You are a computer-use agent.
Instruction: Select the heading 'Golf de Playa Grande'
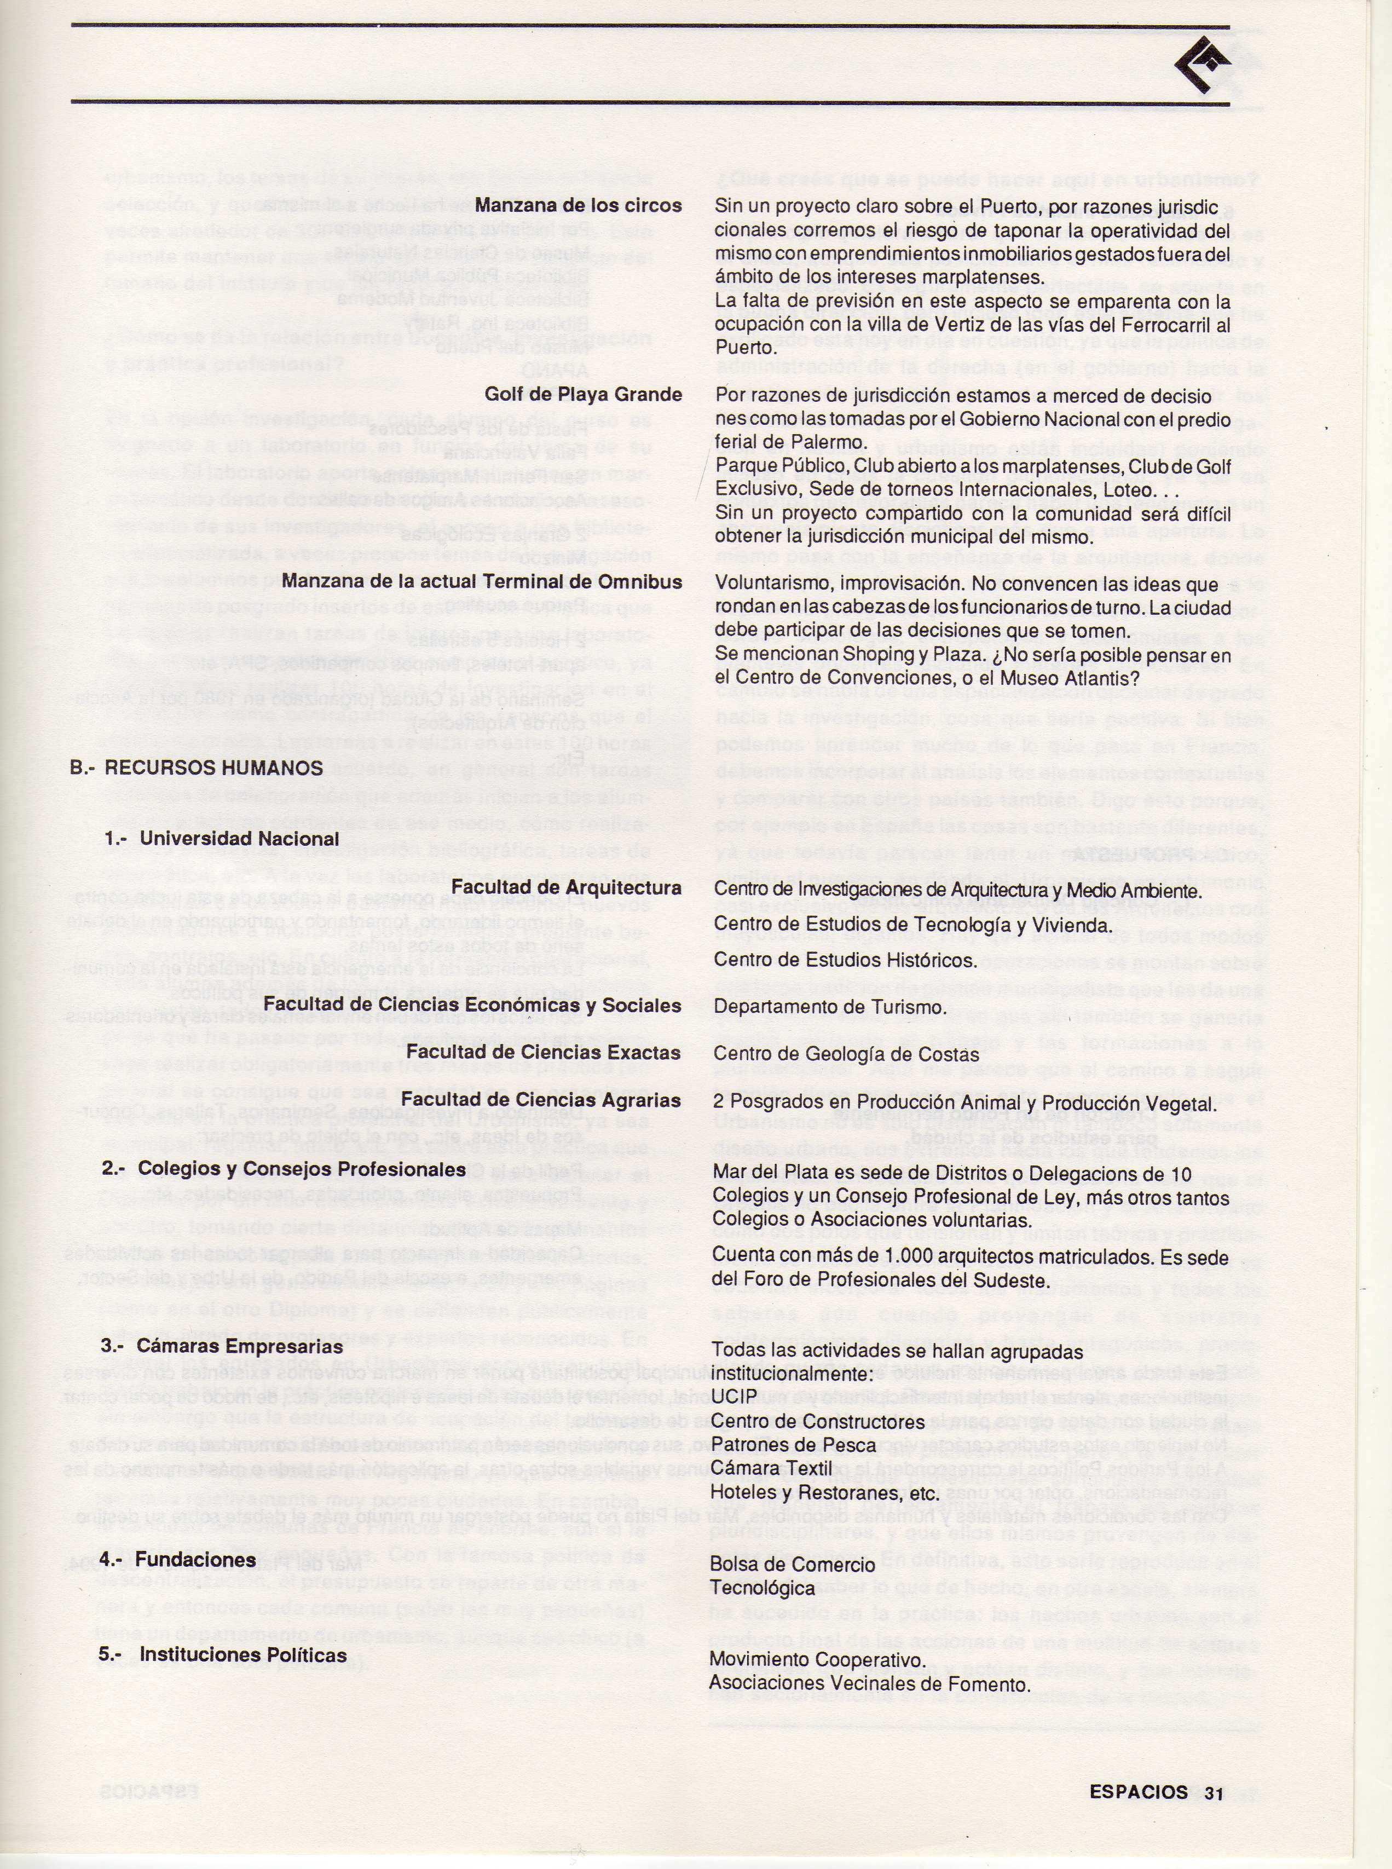(583, 395)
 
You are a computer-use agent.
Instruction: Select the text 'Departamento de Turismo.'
(830, 1007)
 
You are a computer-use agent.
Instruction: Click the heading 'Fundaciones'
(195, 1560)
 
